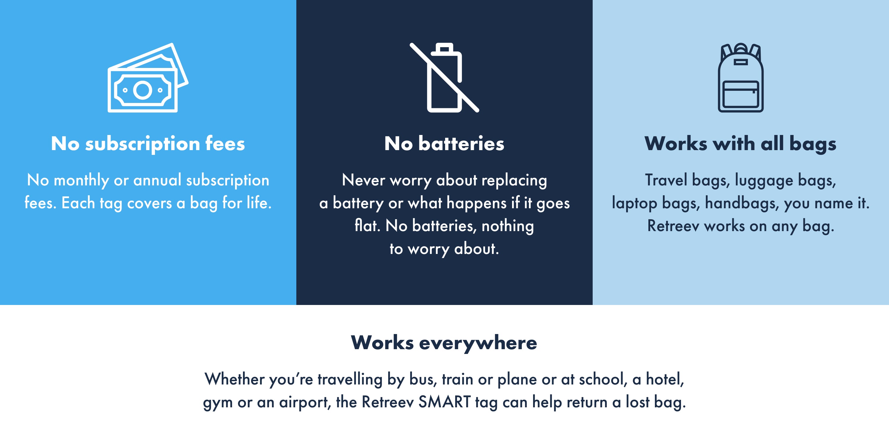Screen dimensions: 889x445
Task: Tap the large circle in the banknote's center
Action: (x=143, y=90)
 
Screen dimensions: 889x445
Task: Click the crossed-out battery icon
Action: (x=444, y=78)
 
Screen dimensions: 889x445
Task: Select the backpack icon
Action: (x=741, y=78)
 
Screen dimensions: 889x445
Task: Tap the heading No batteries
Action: (x=444, y=143)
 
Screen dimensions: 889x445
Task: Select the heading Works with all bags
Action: (x=741, y=144)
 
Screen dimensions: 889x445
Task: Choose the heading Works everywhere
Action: (x=444, y=343)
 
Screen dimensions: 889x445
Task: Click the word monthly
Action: (x=81, y=180)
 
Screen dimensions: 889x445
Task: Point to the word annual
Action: (x=157, y=180)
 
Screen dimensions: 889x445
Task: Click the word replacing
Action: (x=514, y=180)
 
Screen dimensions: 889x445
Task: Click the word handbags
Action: (x=742, y=203)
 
